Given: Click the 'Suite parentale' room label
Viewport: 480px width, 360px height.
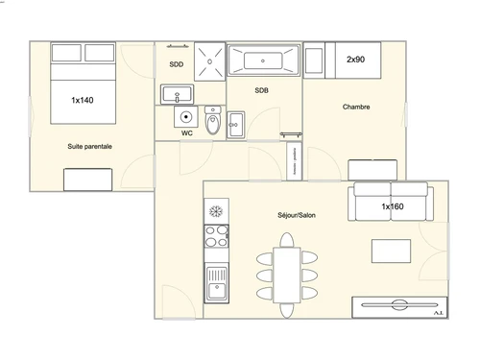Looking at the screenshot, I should click(89, 147).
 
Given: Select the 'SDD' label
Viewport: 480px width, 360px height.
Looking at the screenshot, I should click(177, 65).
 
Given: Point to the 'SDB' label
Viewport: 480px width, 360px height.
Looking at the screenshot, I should click(261, 90).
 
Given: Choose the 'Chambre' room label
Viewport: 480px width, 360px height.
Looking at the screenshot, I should click(356, 108).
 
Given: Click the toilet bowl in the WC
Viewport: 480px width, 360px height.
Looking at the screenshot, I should click(213, 122).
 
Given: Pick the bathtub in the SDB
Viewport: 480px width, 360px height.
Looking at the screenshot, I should click(263, 61).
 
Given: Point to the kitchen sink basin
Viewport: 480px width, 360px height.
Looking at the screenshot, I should click(217, 284).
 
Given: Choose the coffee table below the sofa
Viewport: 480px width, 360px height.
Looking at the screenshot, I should click(392, 251).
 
